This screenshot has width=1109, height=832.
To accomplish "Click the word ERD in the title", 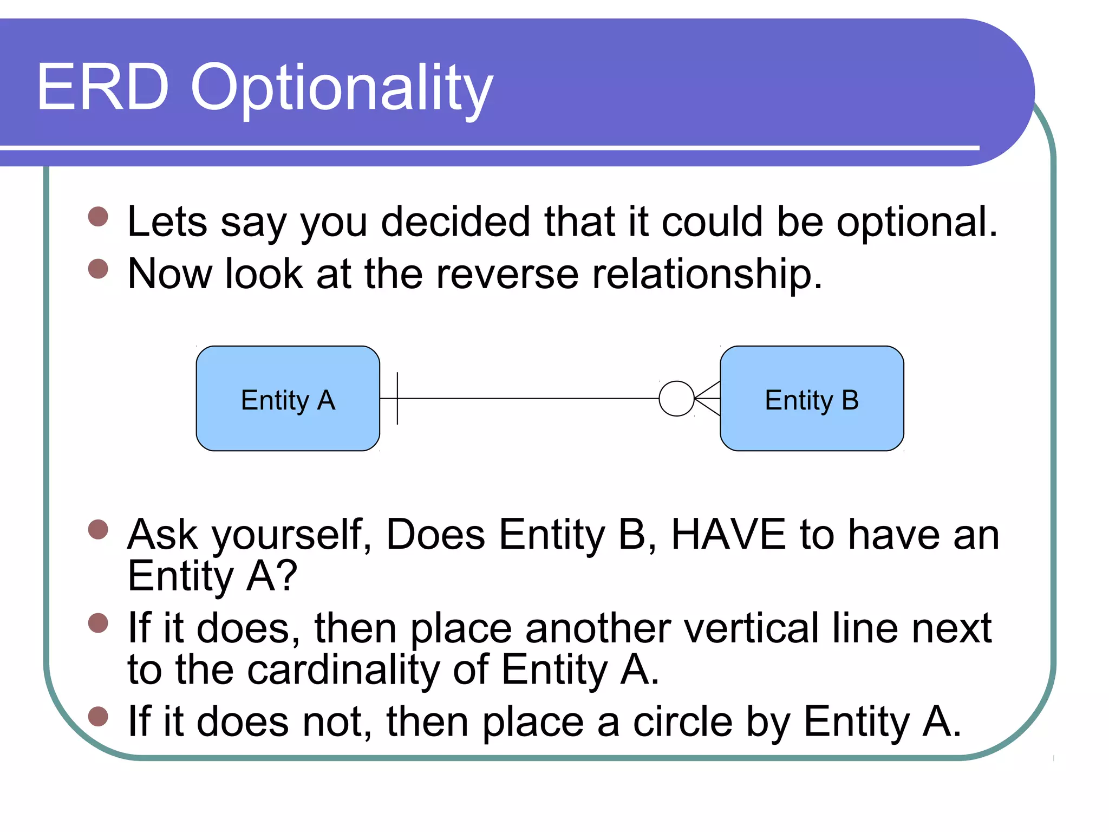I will pos(103,88).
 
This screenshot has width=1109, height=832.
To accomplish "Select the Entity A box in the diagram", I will pos(288,399).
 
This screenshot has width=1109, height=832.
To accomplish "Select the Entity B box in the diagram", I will pos(812,399).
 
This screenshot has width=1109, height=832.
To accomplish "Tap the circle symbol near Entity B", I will pos(676,399).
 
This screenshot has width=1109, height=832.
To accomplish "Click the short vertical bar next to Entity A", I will pos(397,399).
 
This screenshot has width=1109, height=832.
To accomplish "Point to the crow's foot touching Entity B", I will pos(708,399).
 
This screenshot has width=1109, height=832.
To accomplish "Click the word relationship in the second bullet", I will pos(707,274).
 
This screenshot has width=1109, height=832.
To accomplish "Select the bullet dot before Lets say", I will pos(98,217).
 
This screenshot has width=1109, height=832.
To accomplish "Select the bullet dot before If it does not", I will pos(98,716).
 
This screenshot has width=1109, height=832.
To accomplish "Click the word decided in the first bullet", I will pos(455,222).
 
